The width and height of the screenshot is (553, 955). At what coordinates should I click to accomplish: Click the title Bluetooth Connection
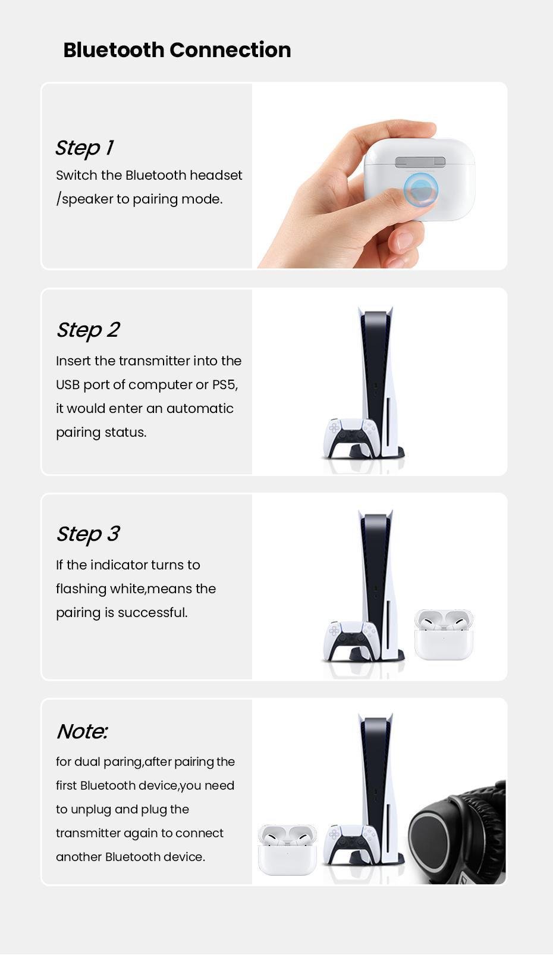tap(177, 50)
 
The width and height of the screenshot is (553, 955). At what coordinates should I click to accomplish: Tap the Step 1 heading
tap(84, 148)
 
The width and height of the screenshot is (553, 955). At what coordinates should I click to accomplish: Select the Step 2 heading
tap(88, 330)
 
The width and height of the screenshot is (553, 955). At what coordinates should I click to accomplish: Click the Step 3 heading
tap(88, 534)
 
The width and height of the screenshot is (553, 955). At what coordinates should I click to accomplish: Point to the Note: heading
tap(82, 732)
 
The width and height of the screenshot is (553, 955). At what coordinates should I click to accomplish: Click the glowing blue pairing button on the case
tap(420, 189)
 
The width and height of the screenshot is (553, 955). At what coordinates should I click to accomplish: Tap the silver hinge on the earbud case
tap(420, 162)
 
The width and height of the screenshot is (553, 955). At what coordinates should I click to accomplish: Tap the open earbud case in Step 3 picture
tap(444, 634)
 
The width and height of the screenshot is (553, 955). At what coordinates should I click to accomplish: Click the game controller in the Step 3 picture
tap(350, 641)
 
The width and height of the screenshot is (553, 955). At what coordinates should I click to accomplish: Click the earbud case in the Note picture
tap(287, 850)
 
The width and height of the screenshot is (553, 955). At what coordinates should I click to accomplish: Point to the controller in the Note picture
tap(350, 845)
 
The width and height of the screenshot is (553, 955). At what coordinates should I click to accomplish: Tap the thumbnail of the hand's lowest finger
tap(404, 240)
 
